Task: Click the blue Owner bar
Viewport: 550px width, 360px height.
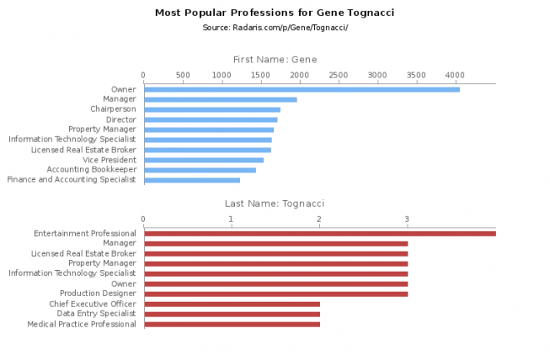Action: pos(302,89)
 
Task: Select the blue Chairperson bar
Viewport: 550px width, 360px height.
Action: pos(212,109)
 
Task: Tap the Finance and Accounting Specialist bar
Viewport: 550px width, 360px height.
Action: pos(192,179)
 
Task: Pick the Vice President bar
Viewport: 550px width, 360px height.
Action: pos(203,159)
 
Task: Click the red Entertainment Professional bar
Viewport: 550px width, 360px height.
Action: pos(319,233)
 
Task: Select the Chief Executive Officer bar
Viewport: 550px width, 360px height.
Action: pos(232,303)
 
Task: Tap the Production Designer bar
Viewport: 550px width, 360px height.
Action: pos(276,293)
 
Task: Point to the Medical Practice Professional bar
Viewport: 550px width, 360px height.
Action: pos(232,323)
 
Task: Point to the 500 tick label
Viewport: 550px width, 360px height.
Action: pos(182,74)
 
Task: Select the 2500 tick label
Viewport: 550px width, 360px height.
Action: pos(338,74)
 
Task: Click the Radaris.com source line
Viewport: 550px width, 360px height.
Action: pos(274,27)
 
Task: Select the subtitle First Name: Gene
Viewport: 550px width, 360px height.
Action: pos(274,59)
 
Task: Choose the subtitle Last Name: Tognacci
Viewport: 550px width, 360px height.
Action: pos(274,203)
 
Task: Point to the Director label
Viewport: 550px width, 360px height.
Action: pos(121,119)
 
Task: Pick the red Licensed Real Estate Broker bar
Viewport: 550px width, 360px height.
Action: pos(276,253)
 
